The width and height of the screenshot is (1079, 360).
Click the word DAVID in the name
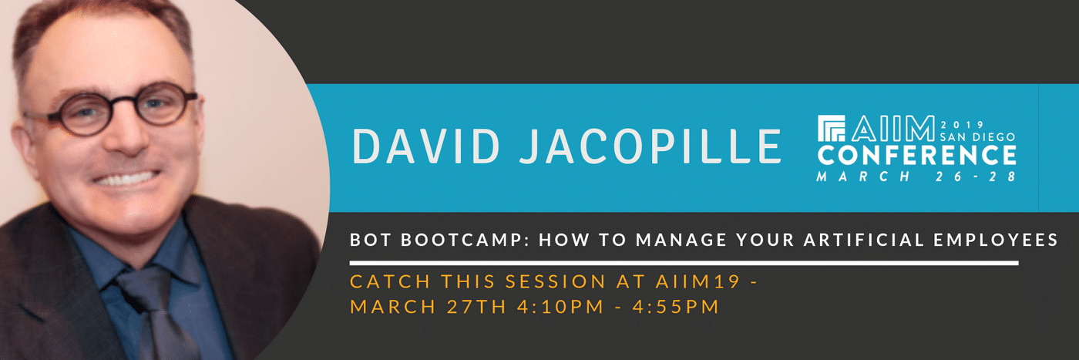[x=426, y=146]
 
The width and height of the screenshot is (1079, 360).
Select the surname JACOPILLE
[x=650, y=146]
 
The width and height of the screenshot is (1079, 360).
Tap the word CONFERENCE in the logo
[x=916, y=155]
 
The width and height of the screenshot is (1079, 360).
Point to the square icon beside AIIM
[x=832, y=128]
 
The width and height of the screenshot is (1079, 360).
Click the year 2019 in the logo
[x=963, y=124]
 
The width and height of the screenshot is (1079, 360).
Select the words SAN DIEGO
[x=977, y=137]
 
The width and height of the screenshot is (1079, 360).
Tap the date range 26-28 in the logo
[x=976, y=177]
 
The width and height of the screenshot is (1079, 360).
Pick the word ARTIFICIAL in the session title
[x=864, y=240]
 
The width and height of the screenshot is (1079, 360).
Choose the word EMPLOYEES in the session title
[x=996, y=240]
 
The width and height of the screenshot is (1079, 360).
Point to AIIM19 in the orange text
[x=697, y=281]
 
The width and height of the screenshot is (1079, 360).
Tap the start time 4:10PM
[x=561, y=307]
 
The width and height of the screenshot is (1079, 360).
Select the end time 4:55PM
[x=676, y=307]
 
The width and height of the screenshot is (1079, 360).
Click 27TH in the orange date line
[x=476, y=307]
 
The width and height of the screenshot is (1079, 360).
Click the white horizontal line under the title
[x=684, y=263]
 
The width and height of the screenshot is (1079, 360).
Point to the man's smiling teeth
[x=126, y=179]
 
